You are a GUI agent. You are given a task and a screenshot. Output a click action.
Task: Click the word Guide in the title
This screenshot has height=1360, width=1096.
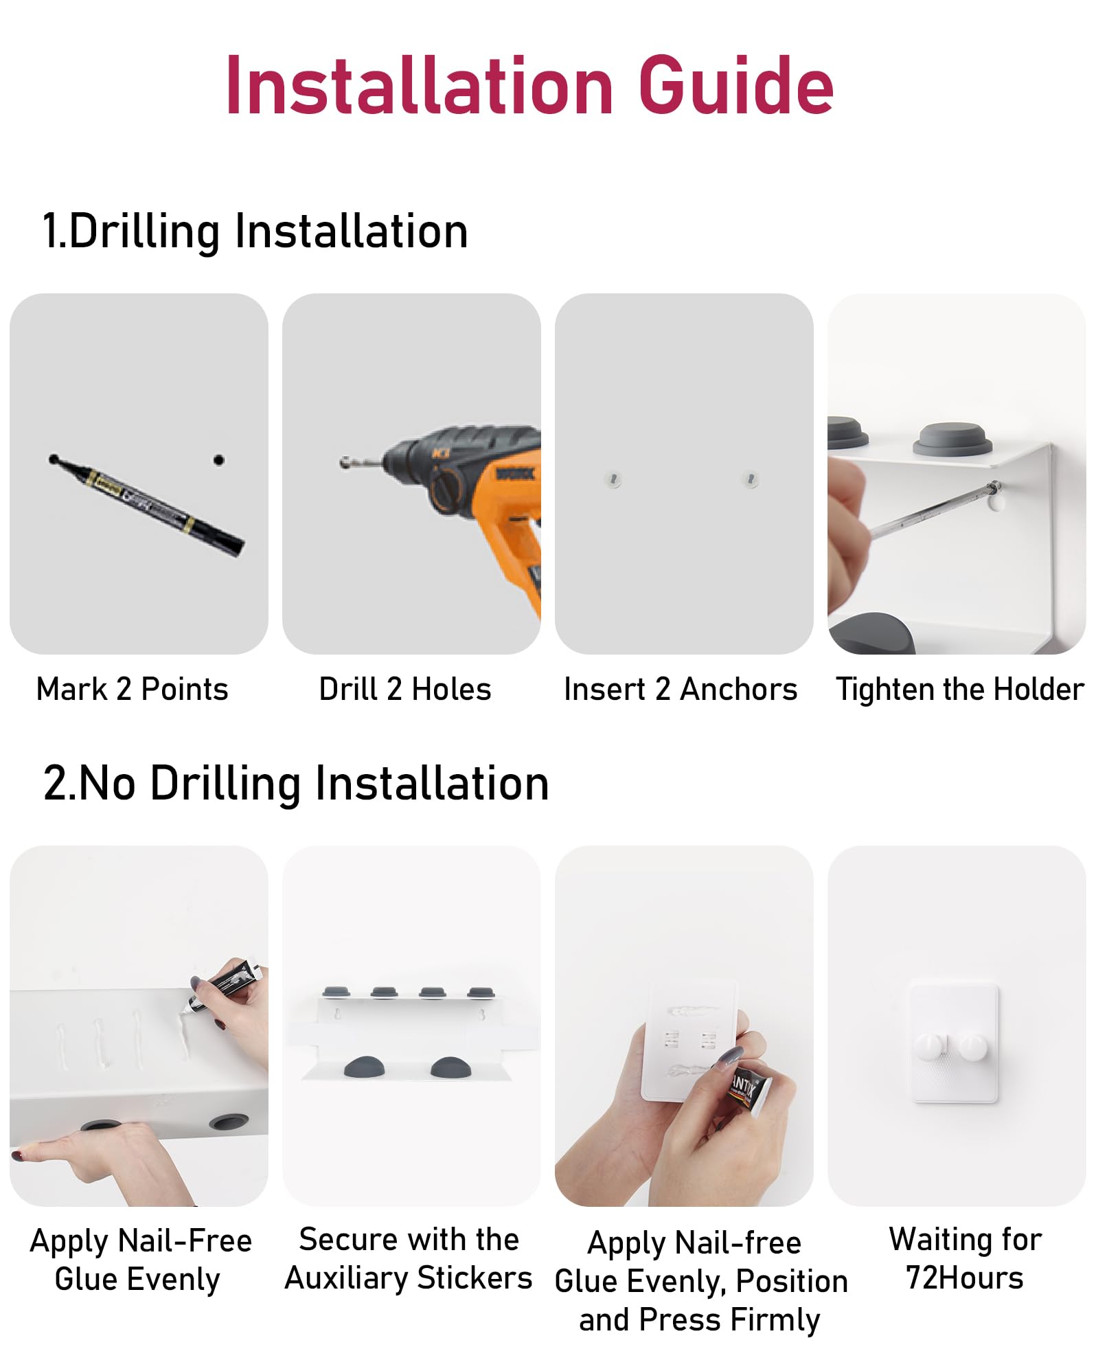[x=735, y=86]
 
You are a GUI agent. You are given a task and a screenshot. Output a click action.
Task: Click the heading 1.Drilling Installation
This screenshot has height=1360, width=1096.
[x=255, y=231]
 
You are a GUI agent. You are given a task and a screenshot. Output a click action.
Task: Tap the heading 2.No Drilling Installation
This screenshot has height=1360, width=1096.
[x=296, y=784]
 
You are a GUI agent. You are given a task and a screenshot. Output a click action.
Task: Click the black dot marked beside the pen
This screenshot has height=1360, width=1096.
[x=218, y=460]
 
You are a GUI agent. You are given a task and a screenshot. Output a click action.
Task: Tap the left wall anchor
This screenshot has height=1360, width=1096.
[x=613, y=479]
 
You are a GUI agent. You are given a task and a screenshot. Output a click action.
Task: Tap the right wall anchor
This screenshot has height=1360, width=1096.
[x=751, y=479]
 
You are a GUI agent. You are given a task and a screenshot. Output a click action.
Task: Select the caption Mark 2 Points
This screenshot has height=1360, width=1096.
[x=132, y=689]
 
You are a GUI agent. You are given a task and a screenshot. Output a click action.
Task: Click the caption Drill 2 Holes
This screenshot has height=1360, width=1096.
[x=405, y=689]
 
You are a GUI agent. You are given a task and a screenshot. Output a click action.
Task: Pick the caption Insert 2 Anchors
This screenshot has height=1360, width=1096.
[x=681, y=689]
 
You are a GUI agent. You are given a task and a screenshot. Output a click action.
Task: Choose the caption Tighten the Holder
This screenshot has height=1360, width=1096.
[x=960, y=690]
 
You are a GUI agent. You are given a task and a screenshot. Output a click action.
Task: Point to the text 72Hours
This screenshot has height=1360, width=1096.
[x=965, y=1278]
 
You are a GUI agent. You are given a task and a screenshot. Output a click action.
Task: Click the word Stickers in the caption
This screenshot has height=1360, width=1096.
[x=475, y=1278]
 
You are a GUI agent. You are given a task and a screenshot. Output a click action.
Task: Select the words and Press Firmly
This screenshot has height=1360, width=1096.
[x=700, y=1320]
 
